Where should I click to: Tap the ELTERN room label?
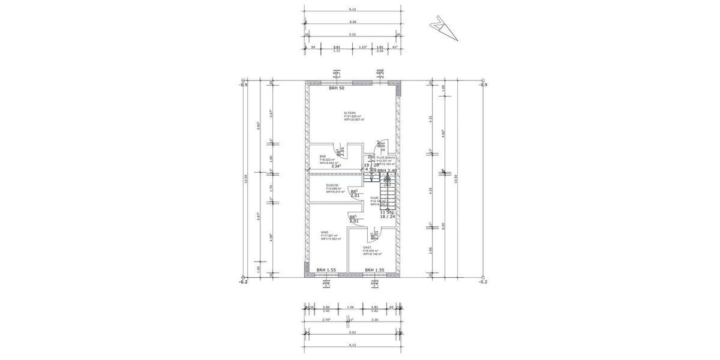[x=350, y=113]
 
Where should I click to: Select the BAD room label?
[x=323, y=156]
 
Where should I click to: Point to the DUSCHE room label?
[x=332, y=185]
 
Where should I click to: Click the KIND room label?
[x=325, y=232]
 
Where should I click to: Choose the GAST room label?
[x=367, y=247]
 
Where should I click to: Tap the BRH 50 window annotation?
[x=337, y=88]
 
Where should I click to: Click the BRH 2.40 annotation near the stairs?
[x=388, y=170]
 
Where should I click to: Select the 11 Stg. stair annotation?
[x=388, y=212]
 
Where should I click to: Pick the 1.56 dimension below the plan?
[x=350, y=307]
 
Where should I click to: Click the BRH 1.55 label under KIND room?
[x=326, y=271]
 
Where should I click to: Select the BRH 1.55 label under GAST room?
[x=374, y=271]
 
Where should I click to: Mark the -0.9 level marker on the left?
[x=242, y=85]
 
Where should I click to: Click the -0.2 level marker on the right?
[x=483, y=281]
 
